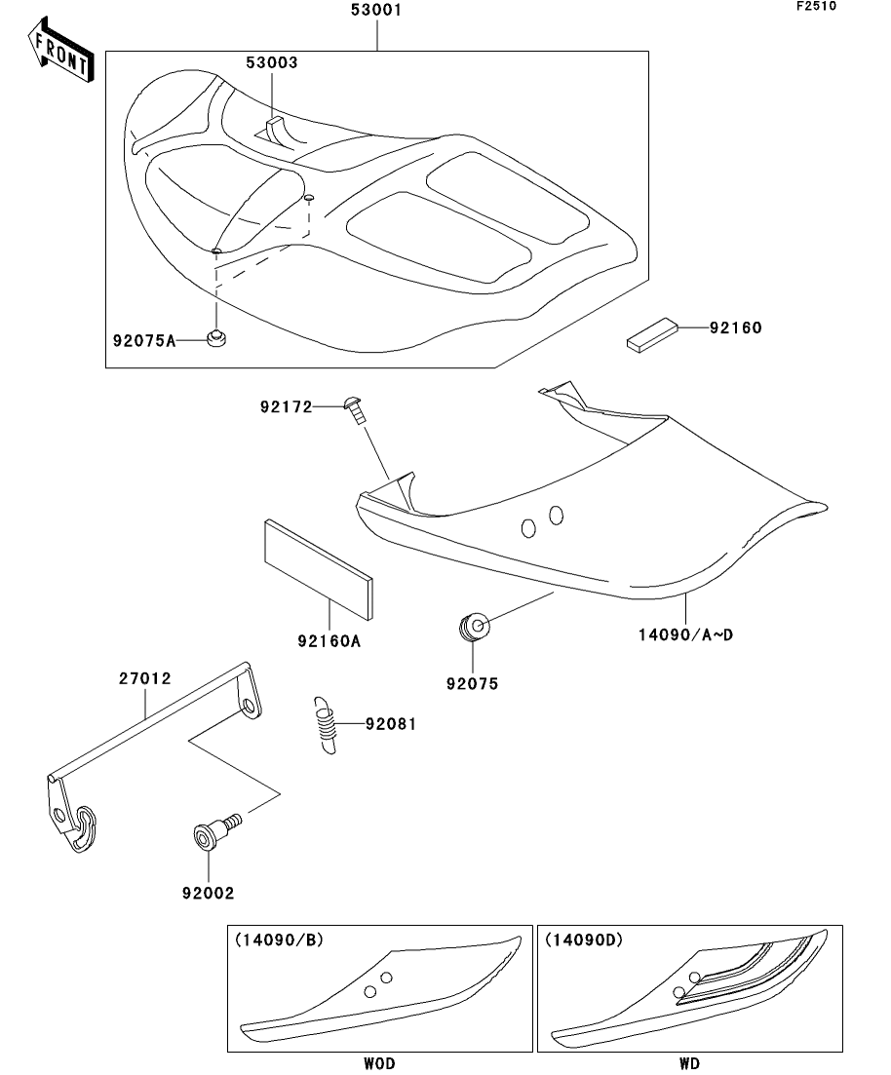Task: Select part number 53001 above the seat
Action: [375, 11]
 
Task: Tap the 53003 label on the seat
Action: [271, 62]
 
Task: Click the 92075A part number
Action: [143, 340]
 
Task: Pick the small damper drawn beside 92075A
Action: [216, 338]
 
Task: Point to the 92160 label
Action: [735, 328]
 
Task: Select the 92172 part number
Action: [287, 406]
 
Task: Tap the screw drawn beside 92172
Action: [355, 409]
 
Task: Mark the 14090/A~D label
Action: [685, 634]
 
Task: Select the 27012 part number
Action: [147, 678]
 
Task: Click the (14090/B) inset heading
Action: [279, 941]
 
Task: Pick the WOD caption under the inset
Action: [379, 1063]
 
